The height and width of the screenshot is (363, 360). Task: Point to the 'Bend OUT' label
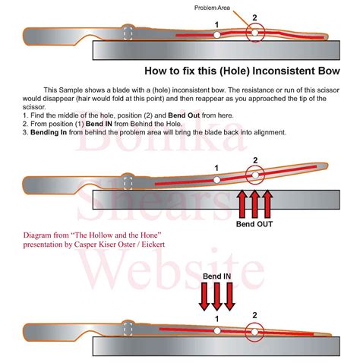(x=254, y=224)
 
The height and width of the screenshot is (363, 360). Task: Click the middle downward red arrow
(x=217, y=296)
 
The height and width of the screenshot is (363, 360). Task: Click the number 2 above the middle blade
(x=255, y=160)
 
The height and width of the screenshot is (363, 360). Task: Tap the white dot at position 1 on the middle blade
(x=216, y=180)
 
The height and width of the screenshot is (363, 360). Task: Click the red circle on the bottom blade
(x=256, y=330)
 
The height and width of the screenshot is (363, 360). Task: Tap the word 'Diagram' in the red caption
(x=39, y=235)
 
